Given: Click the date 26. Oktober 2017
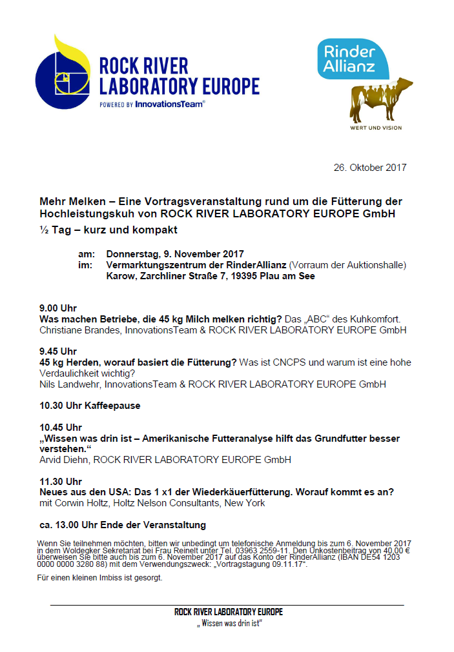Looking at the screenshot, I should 370,168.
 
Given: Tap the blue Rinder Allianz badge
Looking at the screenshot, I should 353,59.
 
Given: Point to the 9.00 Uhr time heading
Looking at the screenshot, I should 58,308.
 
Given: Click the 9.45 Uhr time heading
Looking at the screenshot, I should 58,351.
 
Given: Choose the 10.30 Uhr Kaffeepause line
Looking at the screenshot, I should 90,406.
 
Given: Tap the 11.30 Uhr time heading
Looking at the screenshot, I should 61,481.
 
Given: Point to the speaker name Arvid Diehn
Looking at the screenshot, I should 63,460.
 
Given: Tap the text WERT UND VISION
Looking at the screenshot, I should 375,128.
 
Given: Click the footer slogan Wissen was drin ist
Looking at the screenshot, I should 229,624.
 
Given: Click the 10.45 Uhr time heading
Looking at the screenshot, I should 61,427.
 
